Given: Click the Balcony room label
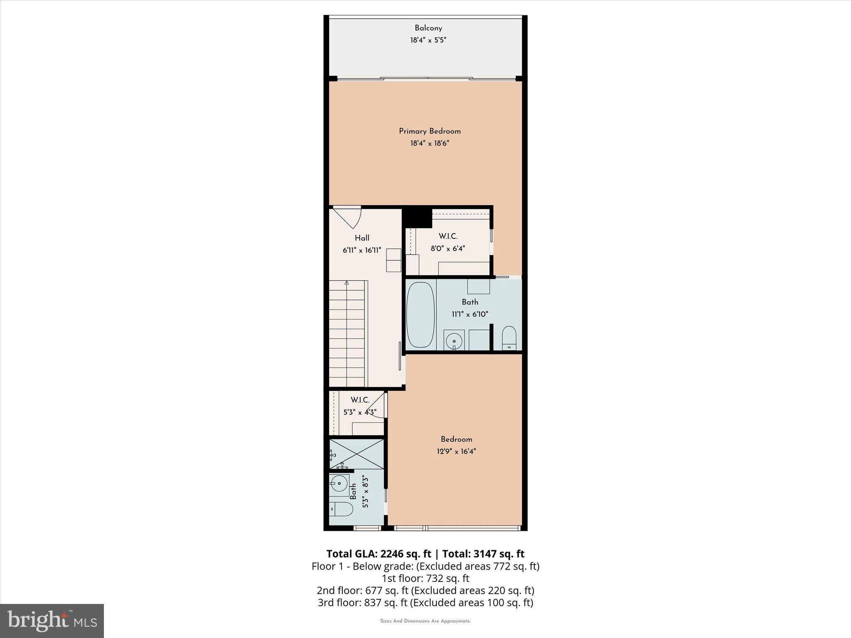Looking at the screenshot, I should (428, 28).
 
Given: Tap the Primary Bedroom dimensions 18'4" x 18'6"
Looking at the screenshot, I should (430, 143).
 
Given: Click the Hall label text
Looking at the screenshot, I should (362, 238).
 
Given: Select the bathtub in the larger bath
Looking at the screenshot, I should (420, 315).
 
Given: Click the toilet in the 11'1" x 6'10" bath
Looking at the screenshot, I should (509, 337).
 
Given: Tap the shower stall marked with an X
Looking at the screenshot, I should (357, 454).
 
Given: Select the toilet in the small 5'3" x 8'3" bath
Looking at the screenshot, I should (341, 509).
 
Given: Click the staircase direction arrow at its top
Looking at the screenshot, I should (347, 283).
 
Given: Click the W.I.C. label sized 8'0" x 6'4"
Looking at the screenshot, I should (448, 236).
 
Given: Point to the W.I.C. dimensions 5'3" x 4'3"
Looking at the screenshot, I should (360, 412).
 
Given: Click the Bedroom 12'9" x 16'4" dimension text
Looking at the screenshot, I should (456, 452).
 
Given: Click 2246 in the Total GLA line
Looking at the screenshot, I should (394, 554).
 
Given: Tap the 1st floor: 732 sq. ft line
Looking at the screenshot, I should (425, 578).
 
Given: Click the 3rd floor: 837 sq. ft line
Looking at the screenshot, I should (425, 602).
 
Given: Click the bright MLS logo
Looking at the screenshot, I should (52, 621).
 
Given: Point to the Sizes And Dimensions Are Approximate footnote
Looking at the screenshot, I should (425, 621).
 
